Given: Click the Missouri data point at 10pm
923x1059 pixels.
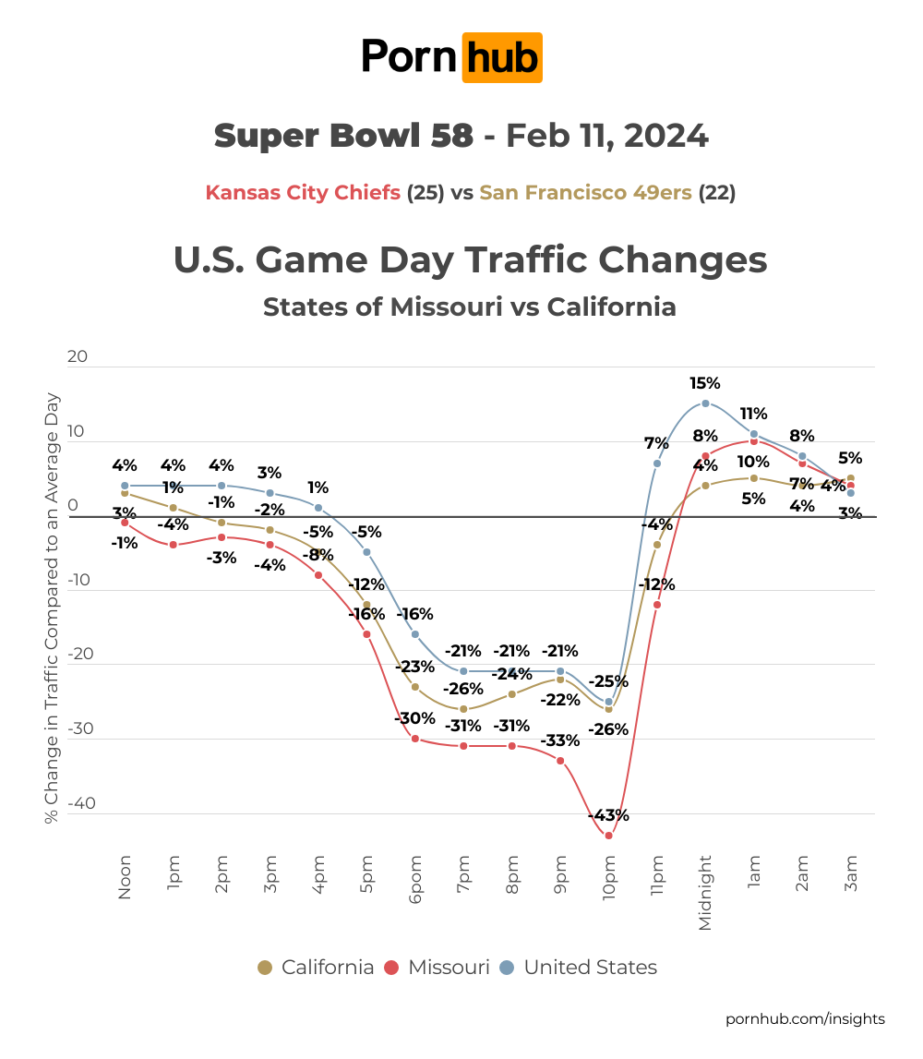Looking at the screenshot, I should (609, 836).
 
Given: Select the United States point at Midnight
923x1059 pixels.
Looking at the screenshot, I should (705, 403).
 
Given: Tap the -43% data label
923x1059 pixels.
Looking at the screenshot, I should (609, 815).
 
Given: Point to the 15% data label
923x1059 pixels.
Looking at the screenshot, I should (705, 382).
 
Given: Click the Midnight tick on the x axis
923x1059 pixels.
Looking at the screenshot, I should (706, 892).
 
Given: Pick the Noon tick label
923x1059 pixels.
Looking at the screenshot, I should (126, 877).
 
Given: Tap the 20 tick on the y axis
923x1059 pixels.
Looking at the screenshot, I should (78, 355).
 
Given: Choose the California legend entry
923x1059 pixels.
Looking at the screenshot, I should (316, 968).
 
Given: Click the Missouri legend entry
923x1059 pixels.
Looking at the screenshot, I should (437, 968).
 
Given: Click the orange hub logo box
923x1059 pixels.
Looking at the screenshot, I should (502, 57).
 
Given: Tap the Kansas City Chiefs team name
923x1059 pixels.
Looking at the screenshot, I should (303, 193).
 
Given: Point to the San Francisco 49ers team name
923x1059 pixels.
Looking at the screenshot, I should (585, 193).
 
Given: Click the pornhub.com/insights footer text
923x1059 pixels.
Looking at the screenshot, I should (805, 1018).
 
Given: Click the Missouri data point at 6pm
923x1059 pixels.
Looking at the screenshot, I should (415, 738).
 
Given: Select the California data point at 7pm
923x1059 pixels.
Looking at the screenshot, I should (463, 709).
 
